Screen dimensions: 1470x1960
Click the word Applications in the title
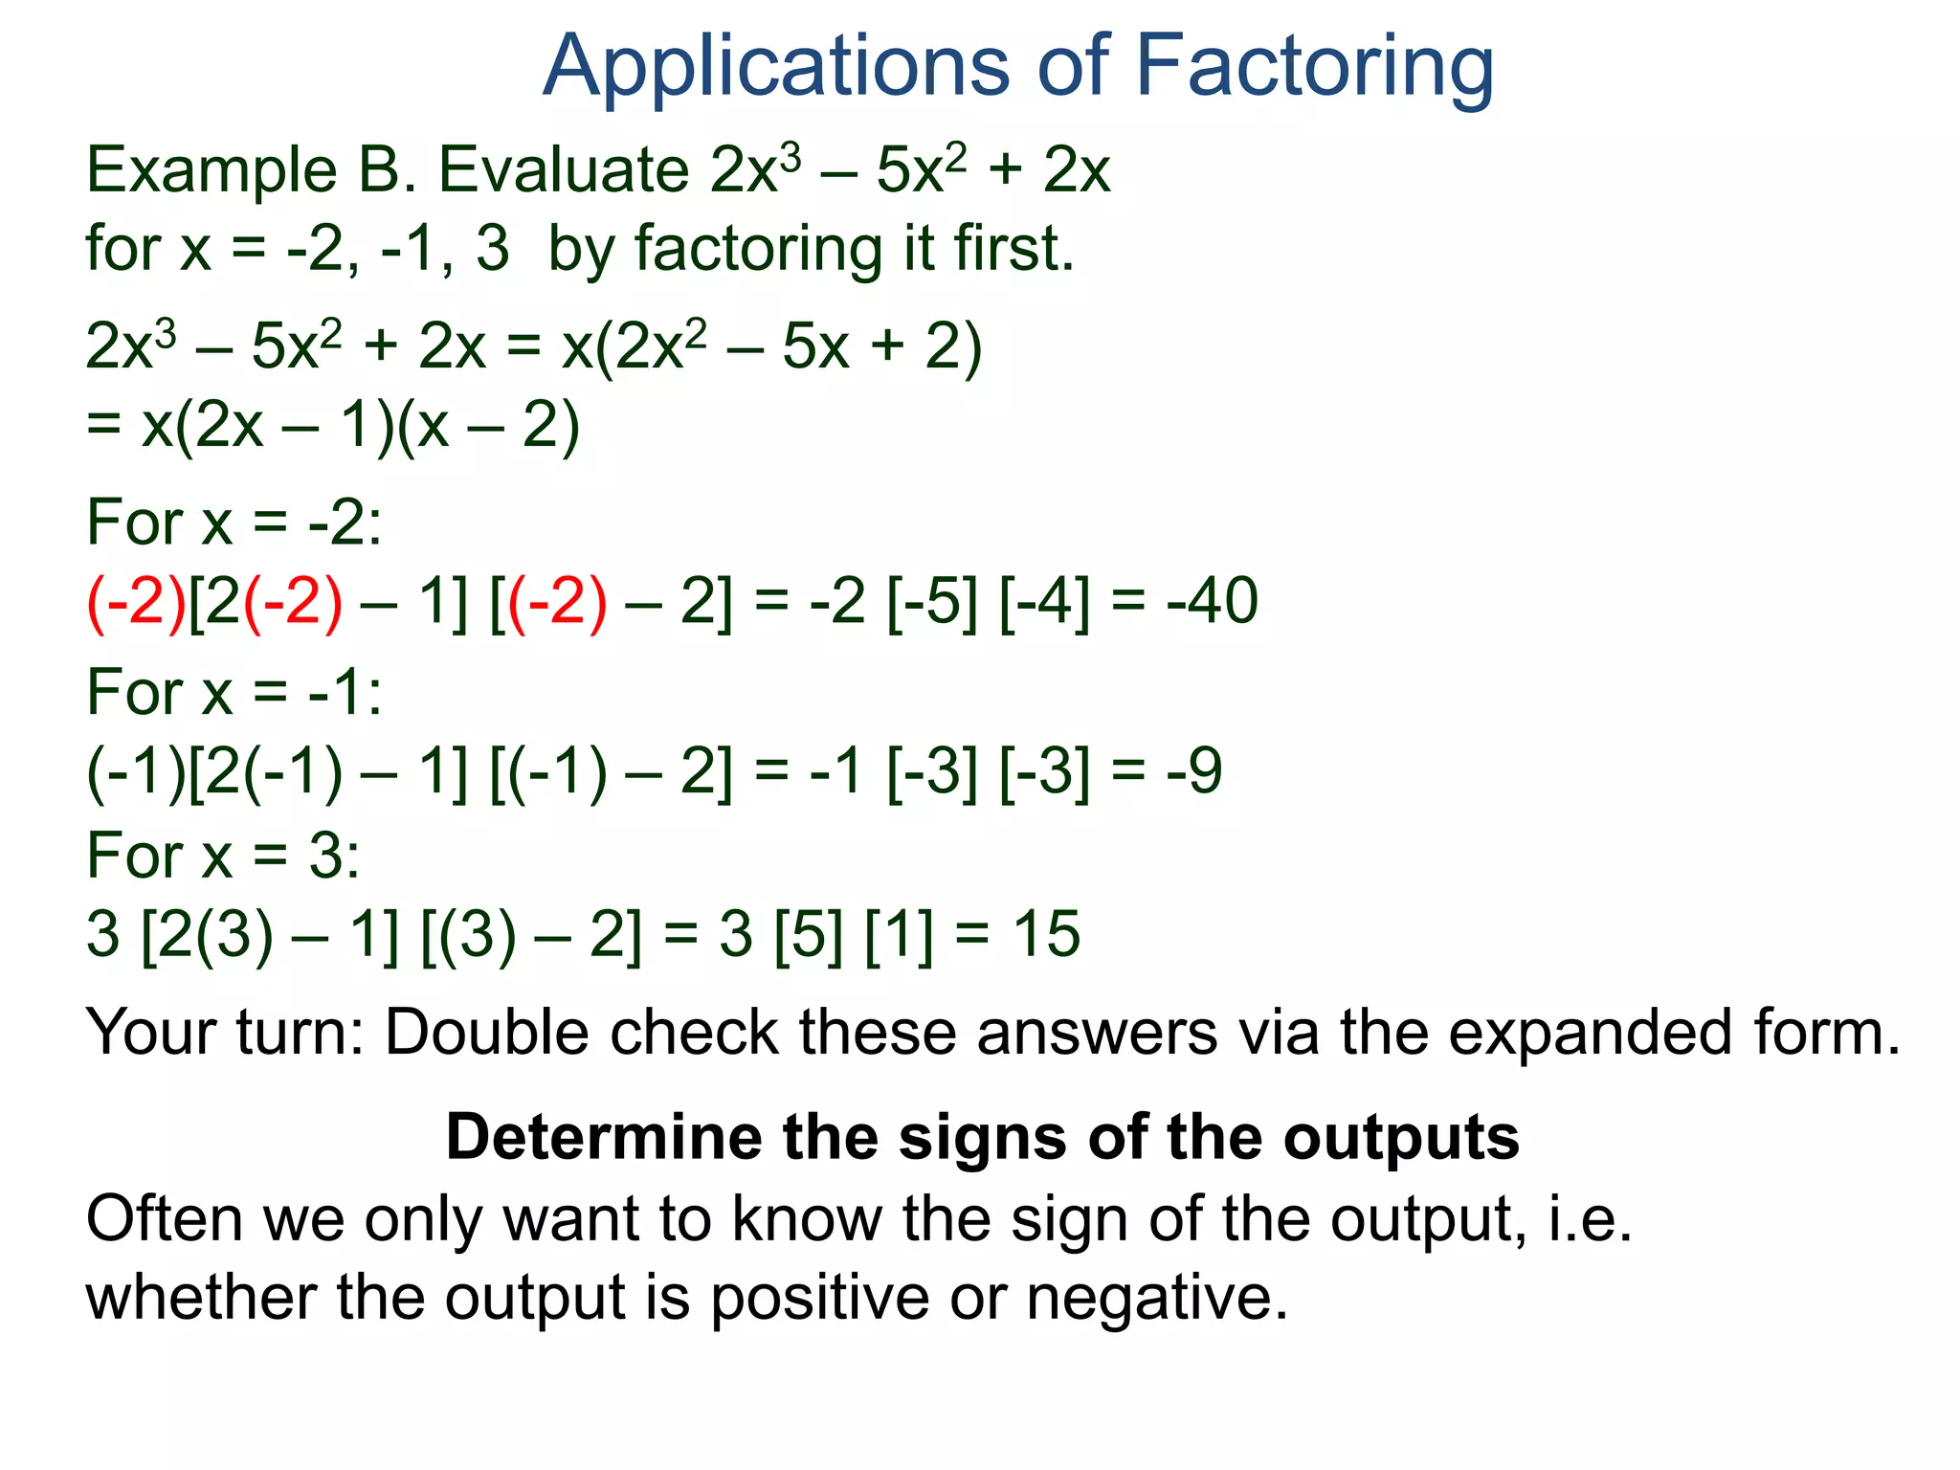point(775,67)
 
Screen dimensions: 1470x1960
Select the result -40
point(1212,602)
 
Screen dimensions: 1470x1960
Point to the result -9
point(1193,771)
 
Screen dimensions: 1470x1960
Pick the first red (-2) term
point(136,602)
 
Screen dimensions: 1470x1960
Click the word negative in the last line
point(1157,1300)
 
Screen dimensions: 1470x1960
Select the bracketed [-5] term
point(933,602)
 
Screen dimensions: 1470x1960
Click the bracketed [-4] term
point(1044,602)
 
